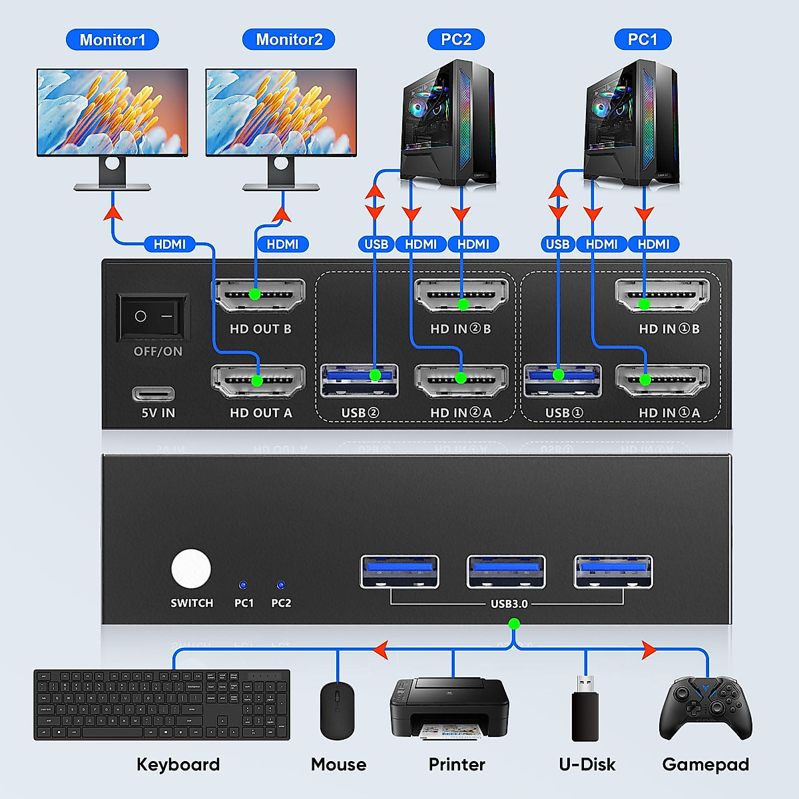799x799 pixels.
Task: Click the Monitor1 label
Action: click(x=112, y=40)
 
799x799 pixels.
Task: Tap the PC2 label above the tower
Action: click(x=456, y=40)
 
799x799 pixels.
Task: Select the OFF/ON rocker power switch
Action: click(x=153, y=316)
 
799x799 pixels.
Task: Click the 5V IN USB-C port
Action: click(x=153, y=394)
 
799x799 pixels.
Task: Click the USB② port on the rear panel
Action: click(x=360, y=380)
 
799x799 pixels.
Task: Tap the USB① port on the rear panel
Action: click(x=563, y=380)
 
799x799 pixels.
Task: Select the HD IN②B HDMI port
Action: click(x=461, y=295)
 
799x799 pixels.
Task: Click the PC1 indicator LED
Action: click(x=243, y=585)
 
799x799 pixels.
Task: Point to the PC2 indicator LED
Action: click(x=281, y=585)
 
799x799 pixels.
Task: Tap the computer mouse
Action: click(x=337, y=710)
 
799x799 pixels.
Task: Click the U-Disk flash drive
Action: click(x=585, y=710)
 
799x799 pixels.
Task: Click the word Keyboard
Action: click(x=178, y=764)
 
